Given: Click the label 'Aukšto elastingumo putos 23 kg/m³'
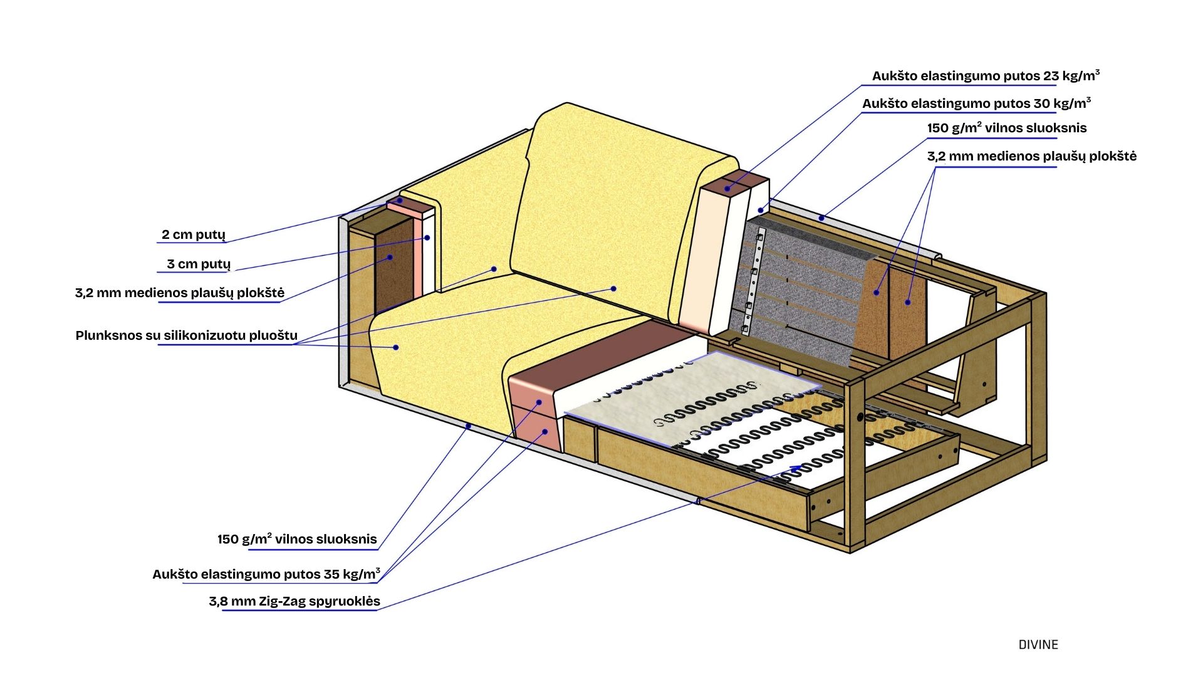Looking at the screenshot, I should click(985, 76).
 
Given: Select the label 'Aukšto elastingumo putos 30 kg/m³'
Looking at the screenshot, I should click(976, 104).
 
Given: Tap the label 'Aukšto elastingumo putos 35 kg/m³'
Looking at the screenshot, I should click(266, 574).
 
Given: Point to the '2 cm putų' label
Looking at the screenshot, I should click(193, 235).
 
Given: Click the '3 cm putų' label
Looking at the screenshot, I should click(198, 265).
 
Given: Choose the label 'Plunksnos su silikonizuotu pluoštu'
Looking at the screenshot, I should click(186, 336).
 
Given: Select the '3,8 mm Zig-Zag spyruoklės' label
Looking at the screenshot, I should click(294, 602).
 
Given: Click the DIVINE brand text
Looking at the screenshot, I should click(1038, 645).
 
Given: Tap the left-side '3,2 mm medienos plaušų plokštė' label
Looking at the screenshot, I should click(179, 293).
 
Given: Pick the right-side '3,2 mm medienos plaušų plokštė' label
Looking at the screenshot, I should click(1031, 157).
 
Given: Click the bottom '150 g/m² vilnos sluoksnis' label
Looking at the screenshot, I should click(297, 540).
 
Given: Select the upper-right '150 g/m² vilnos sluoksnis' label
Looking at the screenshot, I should click(1006, 129).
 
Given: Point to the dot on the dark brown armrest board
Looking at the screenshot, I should click(390, 257).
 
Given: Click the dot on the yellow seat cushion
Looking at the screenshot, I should click(396, 347).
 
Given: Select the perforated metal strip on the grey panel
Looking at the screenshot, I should click(753, 282).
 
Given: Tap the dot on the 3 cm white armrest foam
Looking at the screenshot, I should click(427, 238).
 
